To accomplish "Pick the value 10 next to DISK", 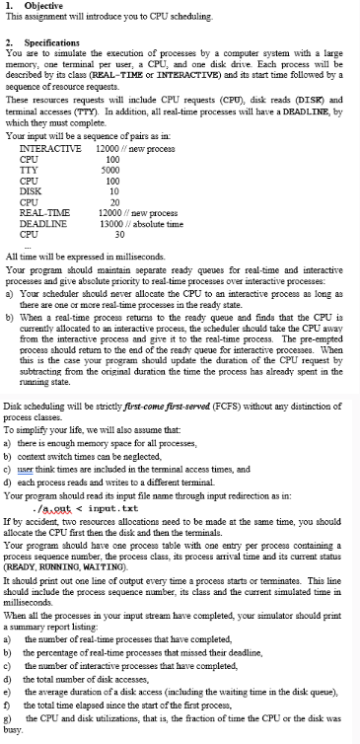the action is pos(115,192).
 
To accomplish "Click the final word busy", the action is pos(12,734).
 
